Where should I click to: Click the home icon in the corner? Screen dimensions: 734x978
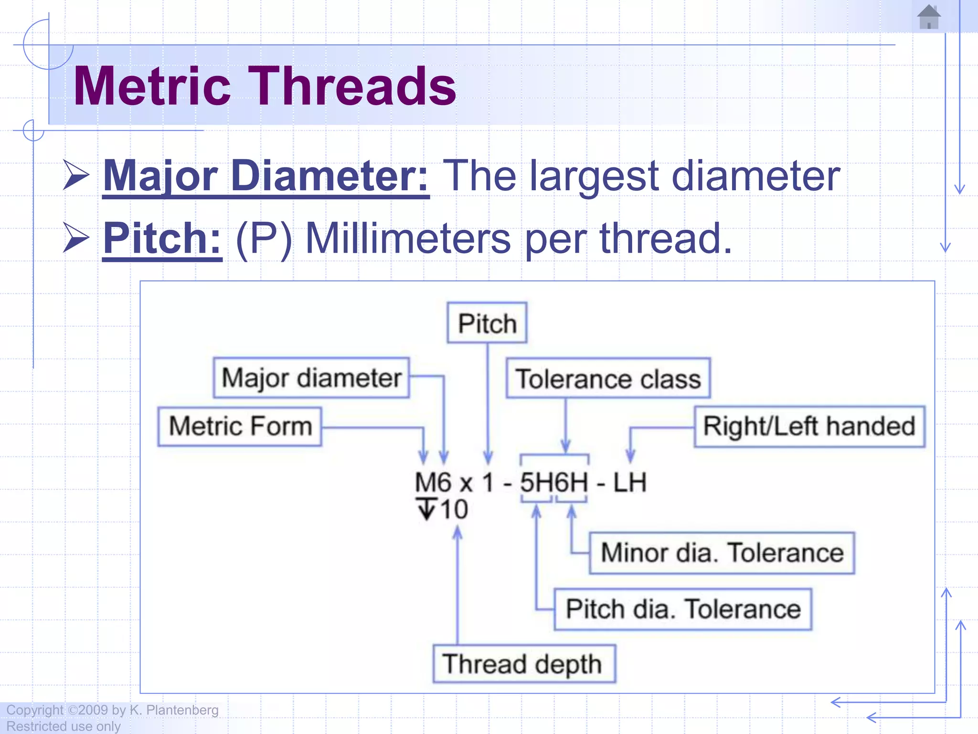pyautogui.click(x=929, y=17)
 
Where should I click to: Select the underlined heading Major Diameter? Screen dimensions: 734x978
pyautogui.click(x=266, y=176)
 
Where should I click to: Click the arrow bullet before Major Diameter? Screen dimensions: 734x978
pyautogui.click(x=76, y=175)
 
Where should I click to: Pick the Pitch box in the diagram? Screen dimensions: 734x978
pyautogui.click(x=487, y=323)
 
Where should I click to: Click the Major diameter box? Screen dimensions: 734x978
pyautogui.click(x=311, y=378)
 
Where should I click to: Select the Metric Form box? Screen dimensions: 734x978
pyautogui.click(x=240, y=426)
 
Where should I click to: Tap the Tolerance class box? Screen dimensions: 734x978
pyautogui.click(x=608, y=378)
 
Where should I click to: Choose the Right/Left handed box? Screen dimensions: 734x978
pyautogui.click(x=809, y=426)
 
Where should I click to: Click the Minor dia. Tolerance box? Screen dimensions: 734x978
pyautogui.click(x=722, y=553)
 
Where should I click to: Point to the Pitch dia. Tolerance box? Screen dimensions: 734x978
pyautogui.click(x=683, y=609)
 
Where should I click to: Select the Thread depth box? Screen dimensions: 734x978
pyautogui.click(x=524, y=664)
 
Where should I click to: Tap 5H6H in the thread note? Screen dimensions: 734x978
pyautogui.click(x=554, y=482)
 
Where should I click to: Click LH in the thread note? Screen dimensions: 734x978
pyautogui.click(x=629, y=482)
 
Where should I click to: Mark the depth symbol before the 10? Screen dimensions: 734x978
pyautogui.click(x=426, y=509)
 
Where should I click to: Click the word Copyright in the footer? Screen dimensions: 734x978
pyautogui.click(x=34, y=710)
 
